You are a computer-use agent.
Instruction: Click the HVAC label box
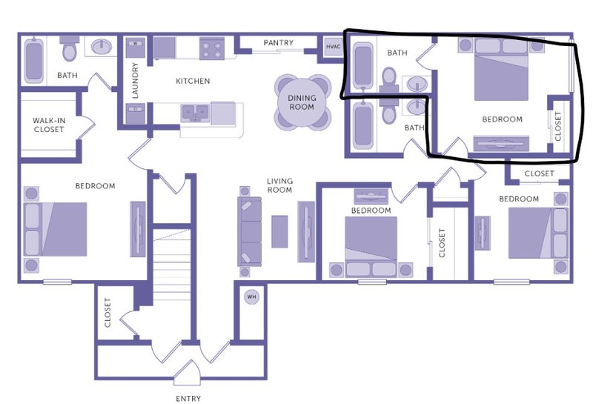(333, 47)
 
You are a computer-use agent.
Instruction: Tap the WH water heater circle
(251, 297)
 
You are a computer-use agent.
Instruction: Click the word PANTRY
(279, 43)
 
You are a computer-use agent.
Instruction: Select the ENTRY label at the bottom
(188, 398)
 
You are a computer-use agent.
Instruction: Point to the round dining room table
(302, 102)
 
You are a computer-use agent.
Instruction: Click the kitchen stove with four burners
(212, 48)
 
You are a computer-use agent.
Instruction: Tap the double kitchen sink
(195, 113)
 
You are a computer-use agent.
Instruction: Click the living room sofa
(250, 231)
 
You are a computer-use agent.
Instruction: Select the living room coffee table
(279, 231)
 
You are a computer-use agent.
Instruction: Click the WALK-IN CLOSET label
(49, 125)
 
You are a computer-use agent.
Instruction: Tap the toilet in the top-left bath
(69, 48)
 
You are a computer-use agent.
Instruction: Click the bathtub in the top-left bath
(33, 60)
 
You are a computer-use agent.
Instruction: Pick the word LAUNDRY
(135, 81)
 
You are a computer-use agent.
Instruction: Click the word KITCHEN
(193, 81)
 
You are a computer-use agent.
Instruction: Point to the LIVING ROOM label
(280, 185)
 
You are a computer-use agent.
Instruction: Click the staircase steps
(172, 265)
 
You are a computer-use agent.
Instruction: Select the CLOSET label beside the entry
(107, 313)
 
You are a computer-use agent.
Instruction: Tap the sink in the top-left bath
(101, 47)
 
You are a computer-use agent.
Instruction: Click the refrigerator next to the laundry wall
(165, 47)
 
